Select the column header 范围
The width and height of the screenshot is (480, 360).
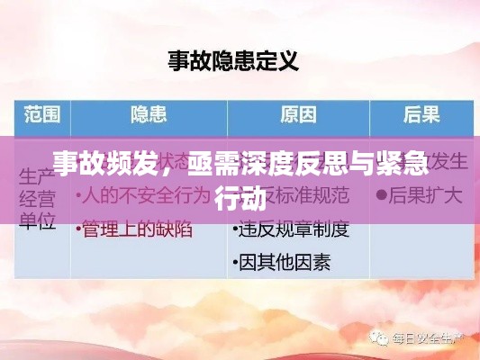(x=41, y=115)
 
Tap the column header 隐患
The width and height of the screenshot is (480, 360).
(x=149, y=115)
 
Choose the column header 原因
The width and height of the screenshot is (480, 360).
(x=298, y=115)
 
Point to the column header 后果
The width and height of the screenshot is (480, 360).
(x=421, y=115)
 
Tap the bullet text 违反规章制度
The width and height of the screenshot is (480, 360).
(x=293, y=229)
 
